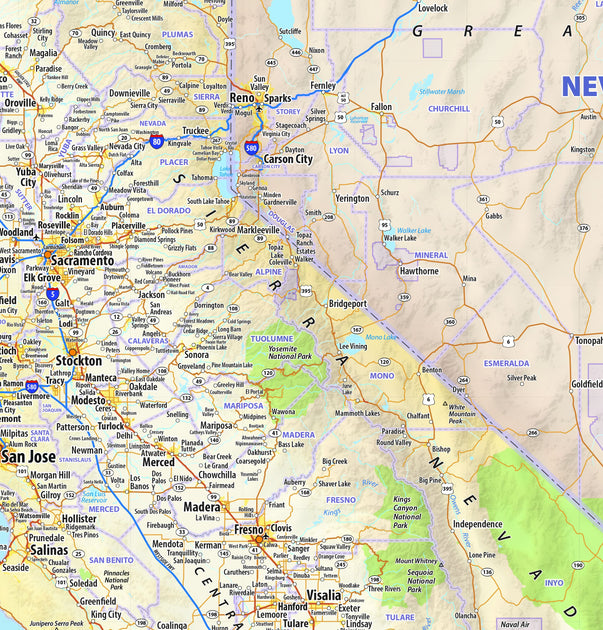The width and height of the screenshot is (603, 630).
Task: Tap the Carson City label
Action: (x=288, y=159)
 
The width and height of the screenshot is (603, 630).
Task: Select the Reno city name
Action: (x=243, y=98)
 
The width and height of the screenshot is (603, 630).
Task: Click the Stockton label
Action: (x=79, y=360)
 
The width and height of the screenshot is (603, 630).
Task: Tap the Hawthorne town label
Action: (x=419, y=271)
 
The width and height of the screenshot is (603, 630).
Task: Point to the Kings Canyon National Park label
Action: (x=401, y=512)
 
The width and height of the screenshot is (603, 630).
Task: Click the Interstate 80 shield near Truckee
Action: (x=156, y=142)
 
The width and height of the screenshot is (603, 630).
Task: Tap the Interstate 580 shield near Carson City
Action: (x=251, y=149)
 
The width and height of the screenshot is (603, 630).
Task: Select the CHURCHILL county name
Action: (x=449, y=109)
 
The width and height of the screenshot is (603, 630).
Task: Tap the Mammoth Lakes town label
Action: (x=357, y=412)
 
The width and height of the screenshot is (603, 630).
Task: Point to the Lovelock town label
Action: (x=432, y=8)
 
